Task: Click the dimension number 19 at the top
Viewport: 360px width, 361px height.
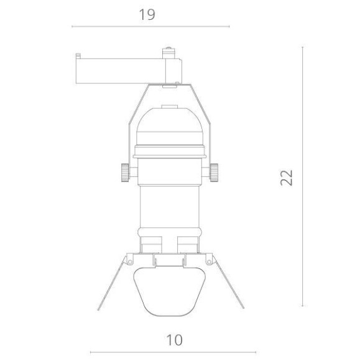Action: tap(147, 14)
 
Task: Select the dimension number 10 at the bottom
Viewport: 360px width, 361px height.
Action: tap(175, 340)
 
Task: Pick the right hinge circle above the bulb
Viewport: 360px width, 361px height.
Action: tap(210, 258)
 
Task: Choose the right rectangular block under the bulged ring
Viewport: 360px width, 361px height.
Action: tap(188, 245)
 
